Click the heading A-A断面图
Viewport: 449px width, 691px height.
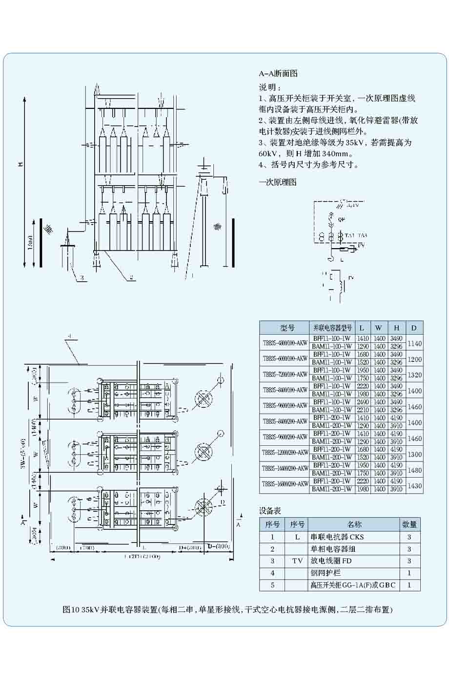click(278, 74)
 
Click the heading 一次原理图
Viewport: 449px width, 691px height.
click(277, 182)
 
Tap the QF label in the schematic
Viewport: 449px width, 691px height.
click(342, 220)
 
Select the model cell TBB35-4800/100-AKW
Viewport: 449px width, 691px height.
click(285, 343)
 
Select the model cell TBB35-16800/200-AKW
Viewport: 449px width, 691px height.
click(285, 485)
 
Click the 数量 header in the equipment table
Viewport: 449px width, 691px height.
click(409, 524)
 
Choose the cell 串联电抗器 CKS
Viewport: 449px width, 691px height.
click(337, 537)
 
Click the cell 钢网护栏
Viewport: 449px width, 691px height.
click(325, 573)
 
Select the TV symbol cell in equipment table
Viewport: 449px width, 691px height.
click(297, 561)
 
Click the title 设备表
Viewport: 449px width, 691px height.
click(270, 511)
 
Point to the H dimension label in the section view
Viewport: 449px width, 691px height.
click(20, 164)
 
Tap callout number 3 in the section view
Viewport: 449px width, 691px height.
click(82, 278)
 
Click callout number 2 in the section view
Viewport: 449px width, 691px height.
click(131, 277)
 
